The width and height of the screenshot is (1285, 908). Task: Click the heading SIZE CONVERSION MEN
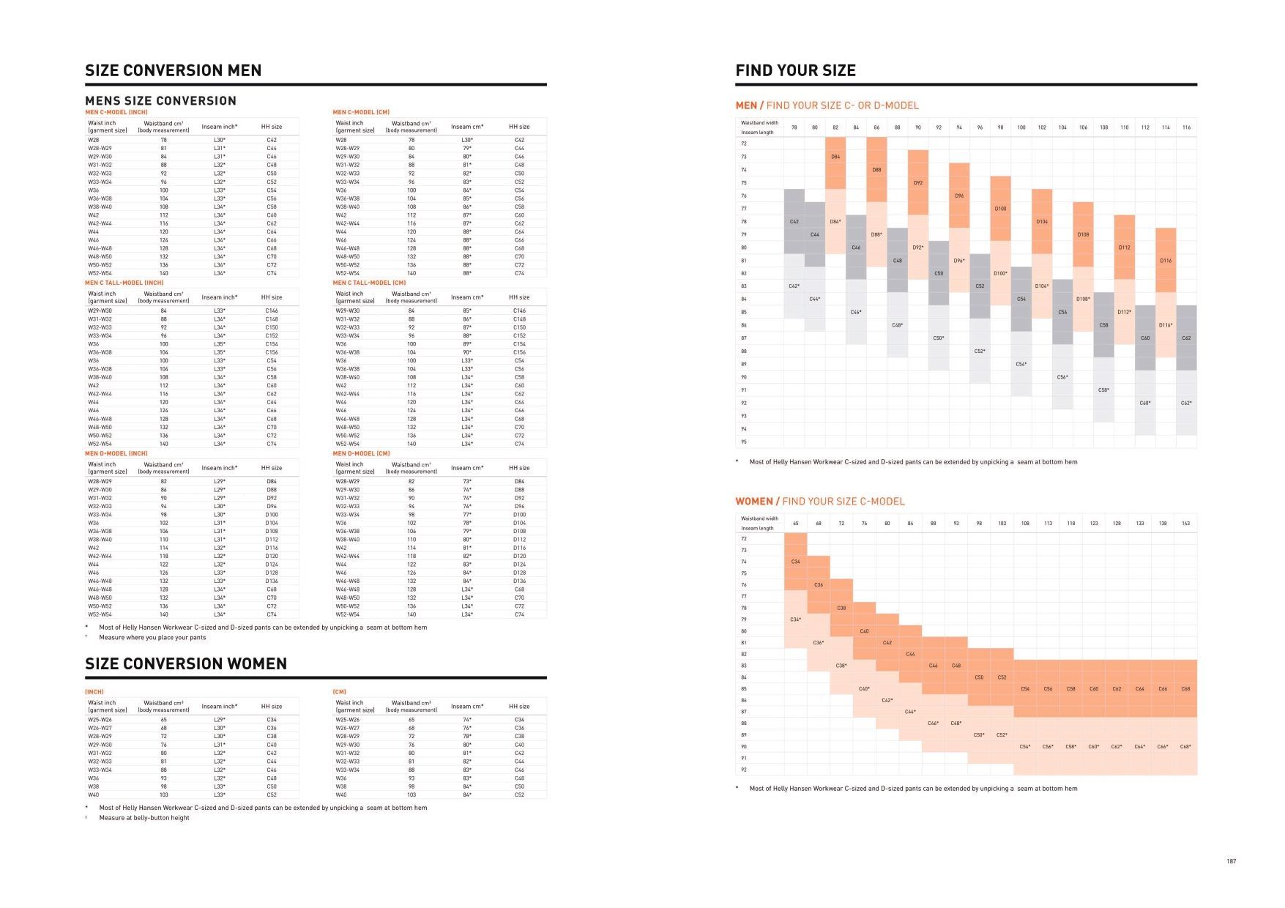point(173,70)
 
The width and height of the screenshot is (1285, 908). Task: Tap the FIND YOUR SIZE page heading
point(795,70)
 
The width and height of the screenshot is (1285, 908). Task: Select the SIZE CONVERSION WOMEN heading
point(186,663)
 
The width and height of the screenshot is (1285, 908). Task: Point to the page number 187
point(1231,861)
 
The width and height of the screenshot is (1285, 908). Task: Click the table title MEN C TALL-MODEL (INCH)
point(124,283)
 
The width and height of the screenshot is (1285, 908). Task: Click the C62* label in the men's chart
point(1186,403)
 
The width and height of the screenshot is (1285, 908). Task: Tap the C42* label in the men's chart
point(794,286)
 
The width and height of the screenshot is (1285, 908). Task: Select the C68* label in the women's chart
point(1185,747)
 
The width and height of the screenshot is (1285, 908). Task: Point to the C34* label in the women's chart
point(795,619)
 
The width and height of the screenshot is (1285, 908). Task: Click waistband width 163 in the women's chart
point(1185,524)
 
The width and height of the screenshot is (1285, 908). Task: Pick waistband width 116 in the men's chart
point(1186,127)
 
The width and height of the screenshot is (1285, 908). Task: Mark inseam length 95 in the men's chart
point(744,442)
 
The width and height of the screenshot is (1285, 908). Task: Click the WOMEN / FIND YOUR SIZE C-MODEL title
point(819,502)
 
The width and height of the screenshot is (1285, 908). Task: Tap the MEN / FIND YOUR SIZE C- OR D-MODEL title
point(827,105)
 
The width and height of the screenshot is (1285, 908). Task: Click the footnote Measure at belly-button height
point(144,818)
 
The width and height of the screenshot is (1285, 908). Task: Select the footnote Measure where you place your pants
point(152,637)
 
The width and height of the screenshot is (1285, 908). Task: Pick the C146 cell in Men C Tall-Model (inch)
point(272,310)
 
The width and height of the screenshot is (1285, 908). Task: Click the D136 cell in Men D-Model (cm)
point(519,581)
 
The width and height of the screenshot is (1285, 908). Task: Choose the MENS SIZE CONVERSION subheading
point(160,101)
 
